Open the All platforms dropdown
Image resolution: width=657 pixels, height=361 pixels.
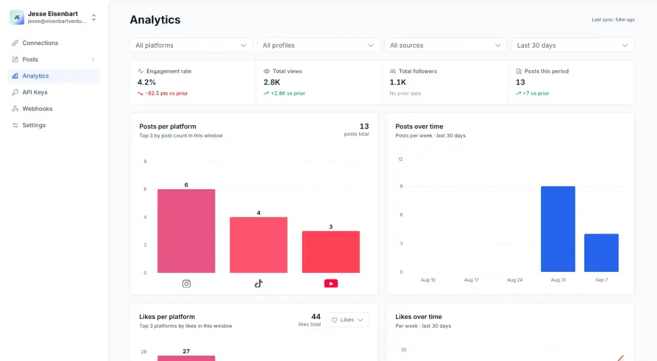(191, 45)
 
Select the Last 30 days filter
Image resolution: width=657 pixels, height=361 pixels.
(573, 45)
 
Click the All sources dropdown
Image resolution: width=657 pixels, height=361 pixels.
(446, 45)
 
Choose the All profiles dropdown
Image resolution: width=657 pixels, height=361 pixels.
(318, 45)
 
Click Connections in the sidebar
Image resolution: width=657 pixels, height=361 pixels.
(40, 43)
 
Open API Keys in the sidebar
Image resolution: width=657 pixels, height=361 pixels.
(34, 92)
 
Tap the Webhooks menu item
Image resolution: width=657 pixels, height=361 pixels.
(37, 109)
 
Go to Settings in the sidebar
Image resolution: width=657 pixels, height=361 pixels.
(34, 125)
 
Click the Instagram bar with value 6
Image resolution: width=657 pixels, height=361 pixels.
(186, 231)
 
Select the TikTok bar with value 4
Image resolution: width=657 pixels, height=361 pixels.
(258, 245)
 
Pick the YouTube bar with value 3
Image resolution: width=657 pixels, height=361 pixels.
(331, 252)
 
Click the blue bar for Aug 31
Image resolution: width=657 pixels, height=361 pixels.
(558, 229)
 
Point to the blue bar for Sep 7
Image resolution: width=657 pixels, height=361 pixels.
(601, 253)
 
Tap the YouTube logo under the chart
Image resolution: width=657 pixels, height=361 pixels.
(331, 283)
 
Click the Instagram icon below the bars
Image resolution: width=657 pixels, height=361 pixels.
(186, 284)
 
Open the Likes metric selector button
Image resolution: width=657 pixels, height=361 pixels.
(347, 319)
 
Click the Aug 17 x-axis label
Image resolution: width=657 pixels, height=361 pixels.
(471, 280)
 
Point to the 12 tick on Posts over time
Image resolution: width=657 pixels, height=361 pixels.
(400, 159)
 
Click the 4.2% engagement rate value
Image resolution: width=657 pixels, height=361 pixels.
(147, 83)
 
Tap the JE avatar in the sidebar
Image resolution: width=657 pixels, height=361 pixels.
(17, 18)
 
